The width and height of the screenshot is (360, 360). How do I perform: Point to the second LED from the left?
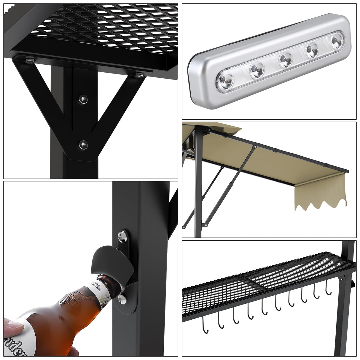point(257,69)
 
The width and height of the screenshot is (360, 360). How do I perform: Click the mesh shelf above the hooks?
point(267,279)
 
